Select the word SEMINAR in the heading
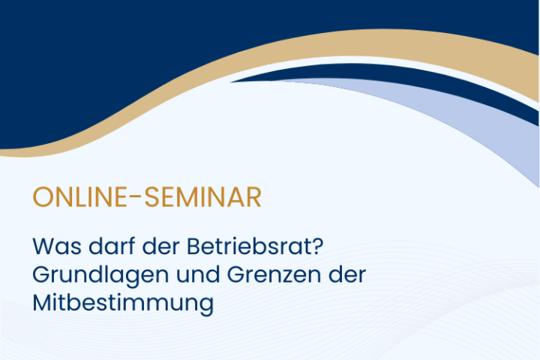coord(202,197)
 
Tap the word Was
coord(57,246)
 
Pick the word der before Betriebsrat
coord(161,246)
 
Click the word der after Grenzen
coord(347,274)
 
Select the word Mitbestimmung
coord(123,303)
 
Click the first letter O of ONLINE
coord(42,197)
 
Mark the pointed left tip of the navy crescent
coord(231,82)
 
